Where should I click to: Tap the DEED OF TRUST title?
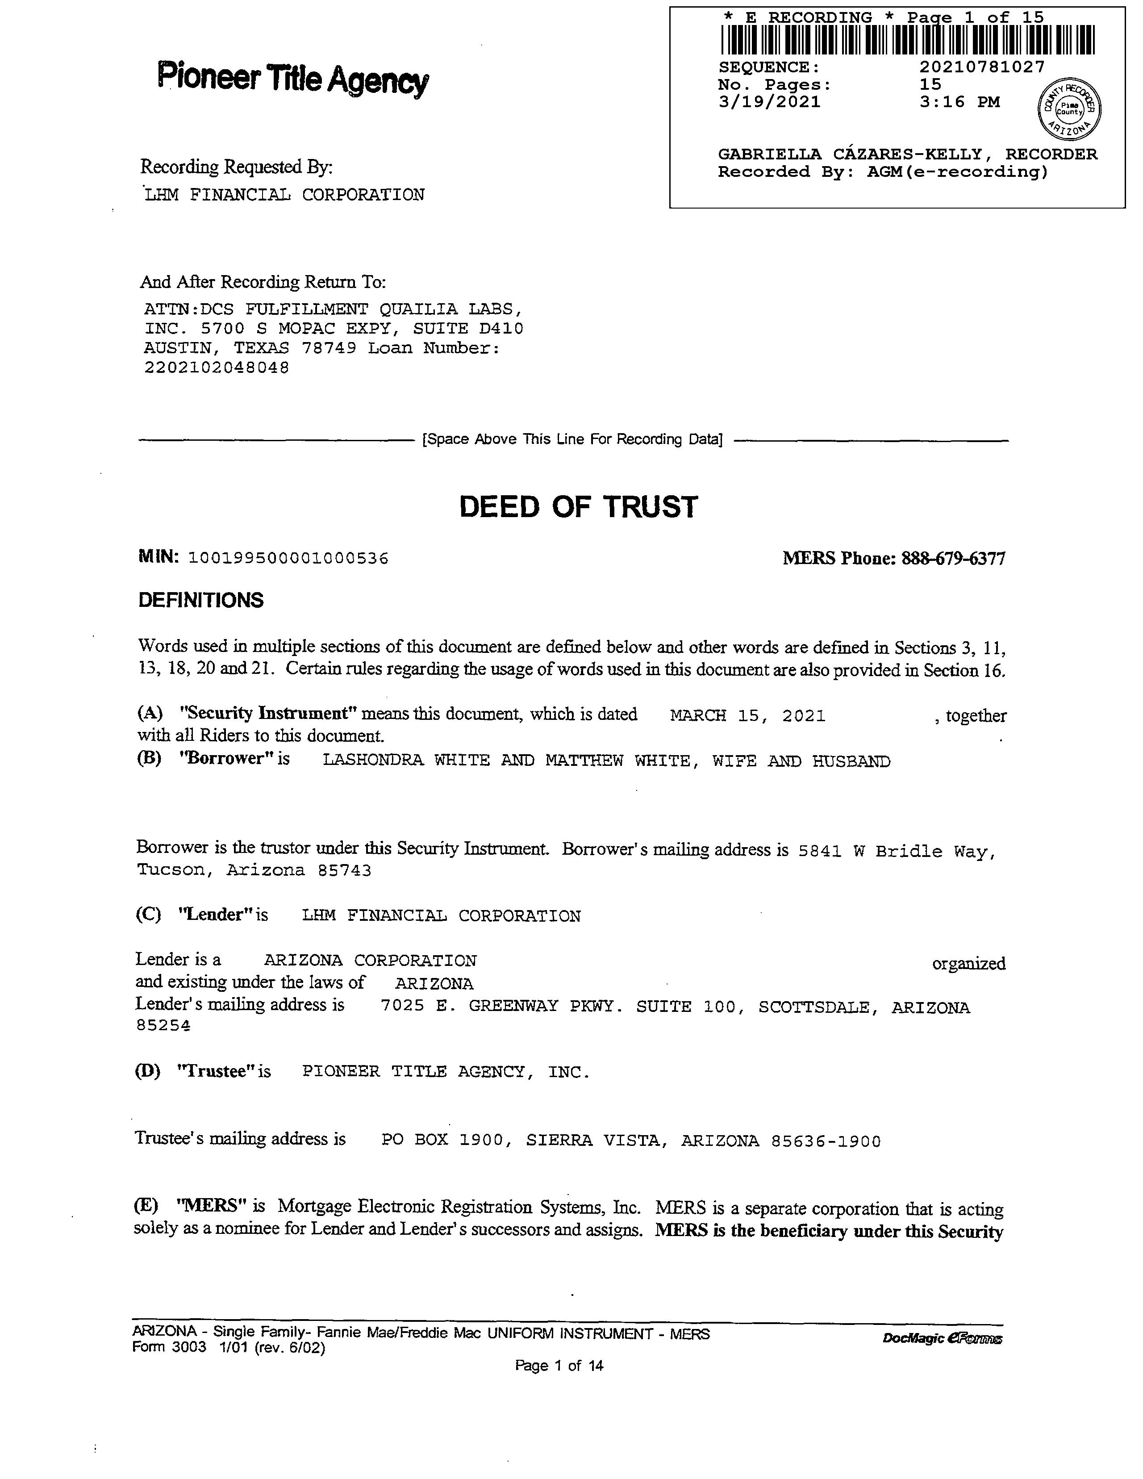pyautogui.click(x=578, y=507)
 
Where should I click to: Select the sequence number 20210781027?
pyautogui.click(x=982, y=67)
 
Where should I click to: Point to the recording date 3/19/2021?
pyautogui.click(x=769, y=102)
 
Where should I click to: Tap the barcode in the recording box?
pyautogui.click(x=907, y=40)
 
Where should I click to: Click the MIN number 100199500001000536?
pyautogui.click(x=288, y=559)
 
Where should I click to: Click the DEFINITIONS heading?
pyautogui.click(x=200, y=600)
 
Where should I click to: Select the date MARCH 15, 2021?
pyautogui.click(x=747, y=716)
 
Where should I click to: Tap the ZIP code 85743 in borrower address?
pyautogui.click(x=345, y=870)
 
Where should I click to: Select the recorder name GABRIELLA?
pyautogui.click(x=770, y=155)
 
